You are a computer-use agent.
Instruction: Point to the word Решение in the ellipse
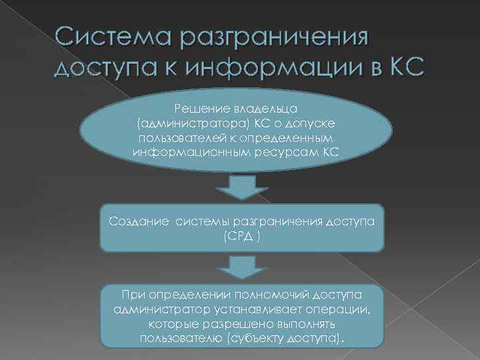[x=195, y=107]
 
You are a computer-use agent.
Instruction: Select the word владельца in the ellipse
[x=261, y=107]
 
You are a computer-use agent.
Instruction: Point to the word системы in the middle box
[x=203, y=221]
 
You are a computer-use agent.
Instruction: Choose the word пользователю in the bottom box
[x=181, y=339]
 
